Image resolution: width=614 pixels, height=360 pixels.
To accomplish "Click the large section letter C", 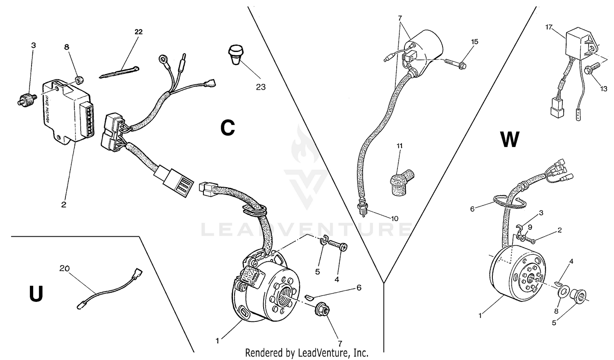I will coord(228,128).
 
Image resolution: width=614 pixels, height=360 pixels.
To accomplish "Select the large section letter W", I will coord(510,140).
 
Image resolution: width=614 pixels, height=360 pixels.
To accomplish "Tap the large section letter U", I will coord(36,294).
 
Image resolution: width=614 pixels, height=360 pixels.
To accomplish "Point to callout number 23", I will coord(261,87).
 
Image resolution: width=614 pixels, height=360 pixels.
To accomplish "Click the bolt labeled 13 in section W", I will coord(591,70).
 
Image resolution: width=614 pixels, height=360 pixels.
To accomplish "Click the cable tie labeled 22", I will coord(119,72).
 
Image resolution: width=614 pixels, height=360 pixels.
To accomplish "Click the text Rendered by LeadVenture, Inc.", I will coord(307,353).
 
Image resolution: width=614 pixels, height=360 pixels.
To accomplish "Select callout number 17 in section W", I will coord(549,27).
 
